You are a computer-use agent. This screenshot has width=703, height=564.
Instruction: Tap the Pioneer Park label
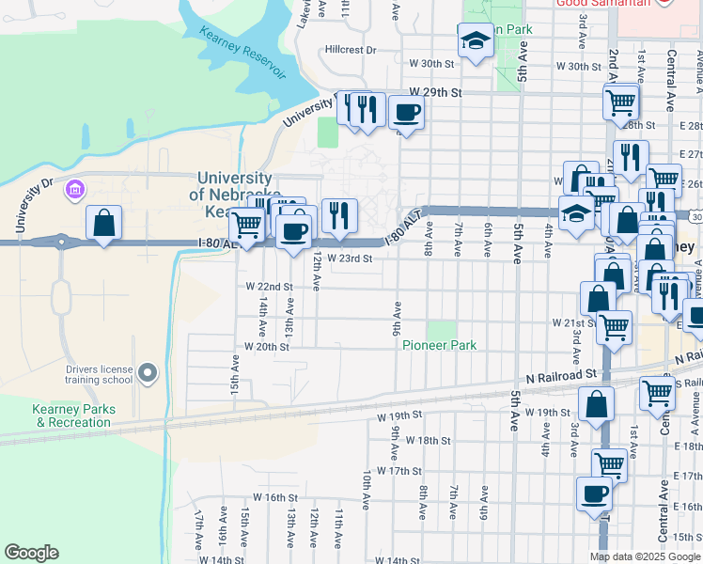tap(439, 345)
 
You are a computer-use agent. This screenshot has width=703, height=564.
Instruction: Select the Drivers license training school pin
tap(147, 374)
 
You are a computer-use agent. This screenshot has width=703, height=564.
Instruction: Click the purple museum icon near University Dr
tap(74, 191)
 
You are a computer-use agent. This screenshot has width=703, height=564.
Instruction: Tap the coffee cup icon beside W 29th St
tap(406, 114)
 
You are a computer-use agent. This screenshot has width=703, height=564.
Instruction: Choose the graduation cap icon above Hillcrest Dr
tap(476, 41)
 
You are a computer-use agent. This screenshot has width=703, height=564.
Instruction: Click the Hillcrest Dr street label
tap(350, 50)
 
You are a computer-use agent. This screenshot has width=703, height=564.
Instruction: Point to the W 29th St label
tap(436, 93)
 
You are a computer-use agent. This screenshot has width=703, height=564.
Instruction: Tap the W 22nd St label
tap(269, 286)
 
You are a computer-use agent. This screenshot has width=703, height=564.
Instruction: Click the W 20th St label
tap(266, 346)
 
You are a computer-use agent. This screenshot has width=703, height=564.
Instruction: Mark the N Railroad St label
tap(565, 373)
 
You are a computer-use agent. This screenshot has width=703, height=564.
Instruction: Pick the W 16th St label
tap(274, 497)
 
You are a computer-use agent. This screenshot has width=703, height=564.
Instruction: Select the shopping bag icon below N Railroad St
tap(596, 405)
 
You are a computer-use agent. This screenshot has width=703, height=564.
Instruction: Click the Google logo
tap(31, 553)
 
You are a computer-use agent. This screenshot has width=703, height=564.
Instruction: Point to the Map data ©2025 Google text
tap(644, 556)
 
